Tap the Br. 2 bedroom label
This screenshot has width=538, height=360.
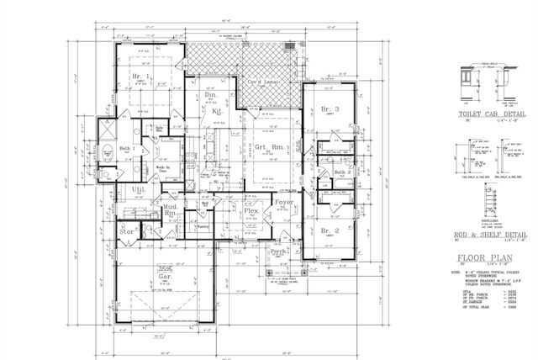tap(330, 230)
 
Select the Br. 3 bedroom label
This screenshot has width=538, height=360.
tap(329, 109)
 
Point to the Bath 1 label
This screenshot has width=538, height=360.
tap(128, 149)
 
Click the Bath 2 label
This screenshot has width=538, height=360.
tap(341, 172)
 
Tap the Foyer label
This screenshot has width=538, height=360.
tap(281, 202)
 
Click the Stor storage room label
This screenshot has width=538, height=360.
tap(128, 228)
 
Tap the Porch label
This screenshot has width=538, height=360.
tap(278, 251)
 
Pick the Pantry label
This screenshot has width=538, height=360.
tap(202, 225)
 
